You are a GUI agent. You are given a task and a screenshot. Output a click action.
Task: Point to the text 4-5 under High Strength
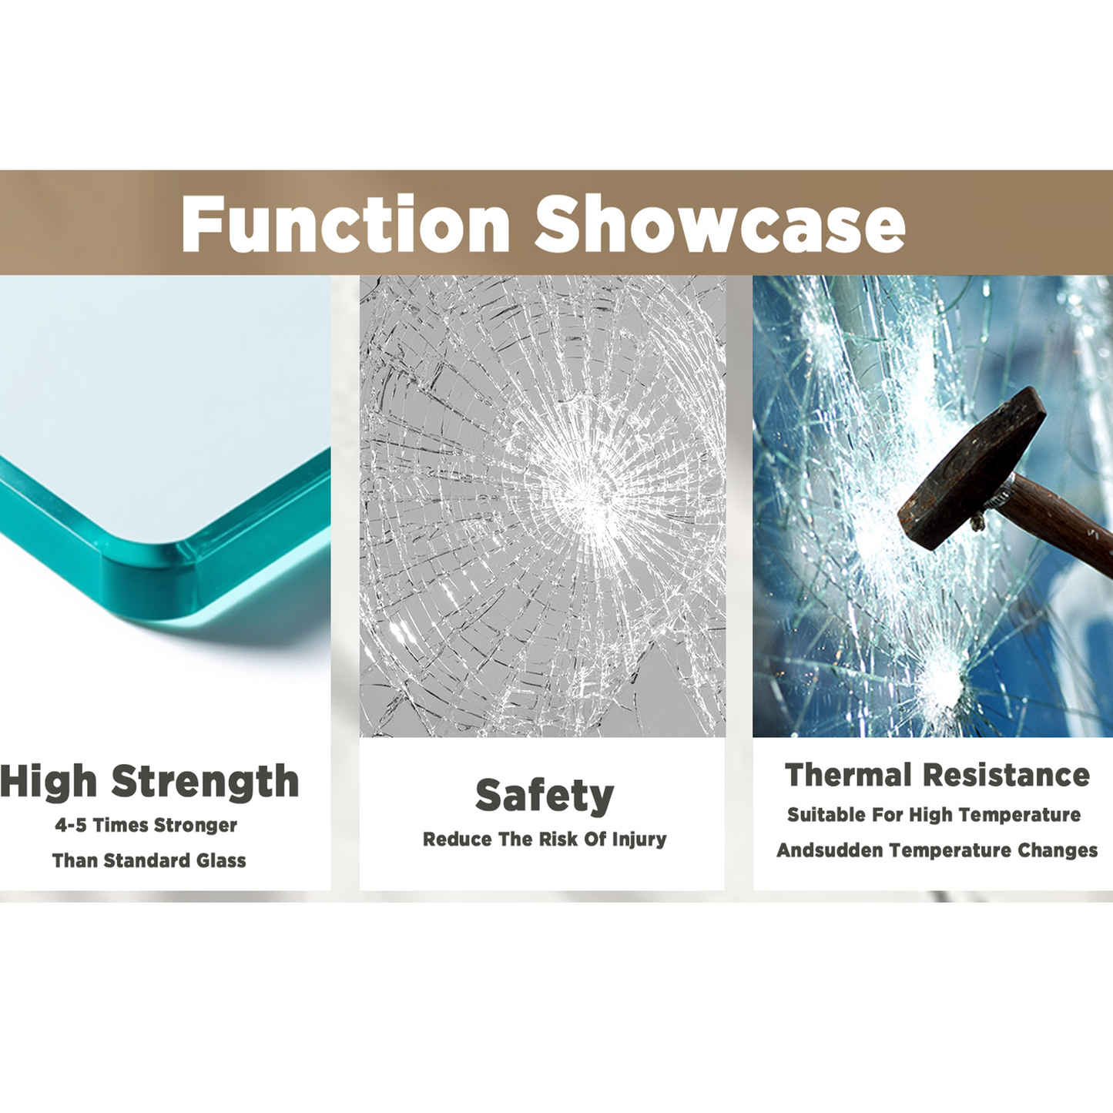pyautogui.click(x=71, y=826)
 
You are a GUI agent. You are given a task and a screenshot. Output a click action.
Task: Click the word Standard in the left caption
pyautogui.click(x=147, y=860)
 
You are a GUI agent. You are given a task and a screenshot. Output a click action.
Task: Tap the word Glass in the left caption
pyautogui.click(x=221, y=860)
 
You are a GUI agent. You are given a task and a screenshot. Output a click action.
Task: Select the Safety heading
pyautogui.click(x=545, y=796)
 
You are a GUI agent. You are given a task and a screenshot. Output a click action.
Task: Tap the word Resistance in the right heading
pyautogui.click(x=1007, y=775)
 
